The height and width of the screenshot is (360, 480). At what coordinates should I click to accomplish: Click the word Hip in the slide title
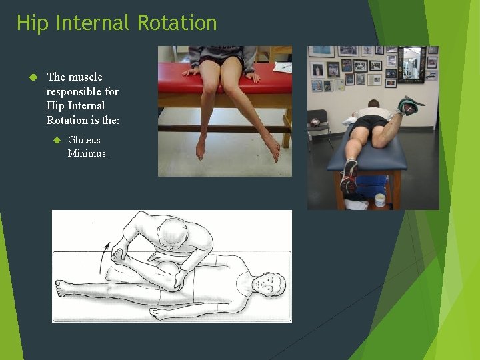click(31, 23)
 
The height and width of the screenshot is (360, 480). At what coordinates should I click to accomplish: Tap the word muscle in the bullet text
click(87, 77)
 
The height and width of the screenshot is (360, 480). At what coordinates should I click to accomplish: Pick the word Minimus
click(88, 153)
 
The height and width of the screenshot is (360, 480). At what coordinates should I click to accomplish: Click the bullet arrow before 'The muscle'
click(32, 77)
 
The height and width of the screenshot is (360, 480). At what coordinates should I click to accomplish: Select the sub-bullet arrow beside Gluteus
click(56, 140)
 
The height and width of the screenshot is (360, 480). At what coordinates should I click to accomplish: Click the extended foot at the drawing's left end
click(62, 288)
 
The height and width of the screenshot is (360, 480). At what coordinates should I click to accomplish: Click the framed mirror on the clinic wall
click(411, 64)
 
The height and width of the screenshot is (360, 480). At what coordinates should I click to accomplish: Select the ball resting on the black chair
click(315, 123)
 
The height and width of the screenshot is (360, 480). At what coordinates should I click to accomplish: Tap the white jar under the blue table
click(380, 200)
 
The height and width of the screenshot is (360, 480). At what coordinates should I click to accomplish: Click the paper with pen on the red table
click(283, 67)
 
